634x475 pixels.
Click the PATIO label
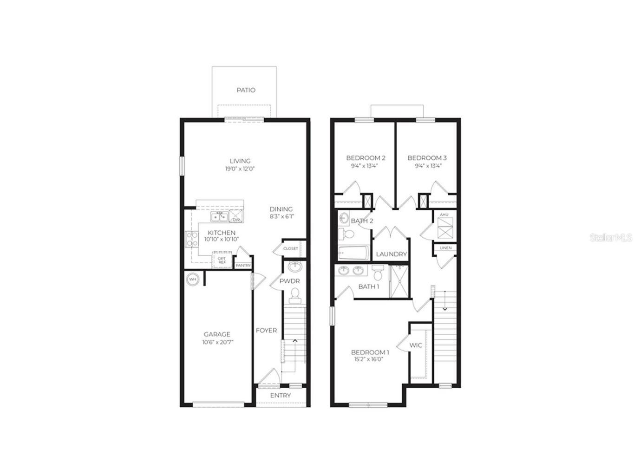[x=246, y=90]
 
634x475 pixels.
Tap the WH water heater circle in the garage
[x=192, y=280]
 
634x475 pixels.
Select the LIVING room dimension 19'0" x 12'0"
[x=240, y=169]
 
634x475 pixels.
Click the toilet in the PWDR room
[x=294, y=294]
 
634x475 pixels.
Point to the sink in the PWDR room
[x=294, y=267]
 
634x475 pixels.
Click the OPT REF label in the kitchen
[x=222, y=260]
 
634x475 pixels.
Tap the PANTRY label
[x=243, y=266]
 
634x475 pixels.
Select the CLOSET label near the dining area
[x=291, y=248]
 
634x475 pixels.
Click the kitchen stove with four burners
[x=191, y=239]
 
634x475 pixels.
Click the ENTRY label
[x=281, y=396]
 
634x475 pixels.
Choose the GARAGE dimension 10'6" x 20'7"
[x=217, y=342]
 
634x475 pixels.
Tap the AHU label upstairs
[x=444, y=215]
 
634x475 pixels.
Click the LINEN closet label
[x=445, y=248]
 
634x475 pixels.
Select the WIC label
[x=416, y=345]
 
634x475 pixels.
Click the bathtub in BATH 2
[x=353, y=254]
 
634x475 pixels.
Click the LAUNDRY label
[x=391, y=254]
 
